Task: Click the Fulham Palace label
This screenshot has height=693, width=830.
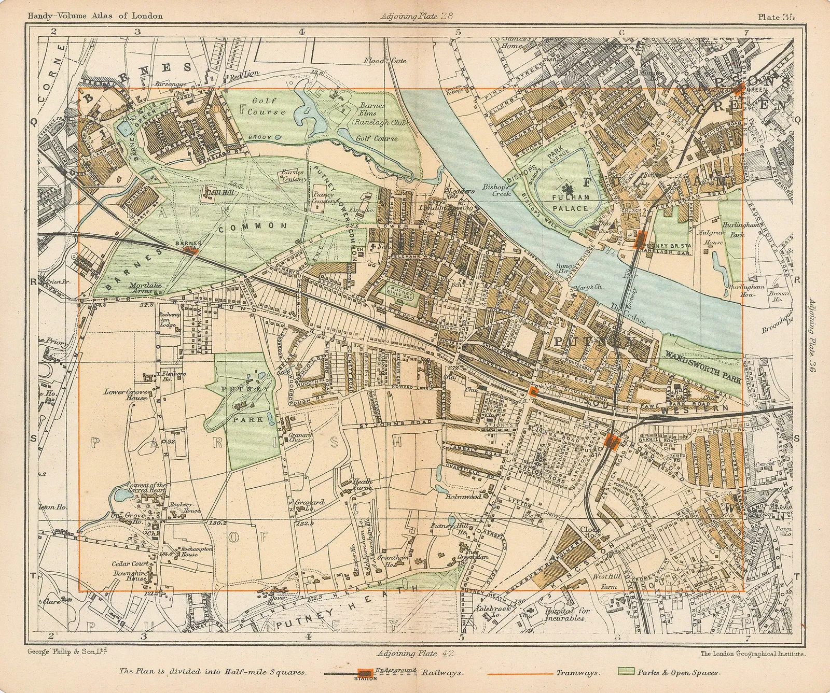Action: [x=571, y=203]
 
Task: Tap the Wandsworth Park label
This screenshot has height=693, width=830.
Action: [x=703, y=357]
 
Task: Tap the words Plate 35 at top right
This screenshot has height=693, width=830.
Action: [x=776, y=17]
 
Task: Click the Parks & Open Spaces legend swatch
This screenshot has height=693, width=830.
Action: [x=642, y=673]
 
